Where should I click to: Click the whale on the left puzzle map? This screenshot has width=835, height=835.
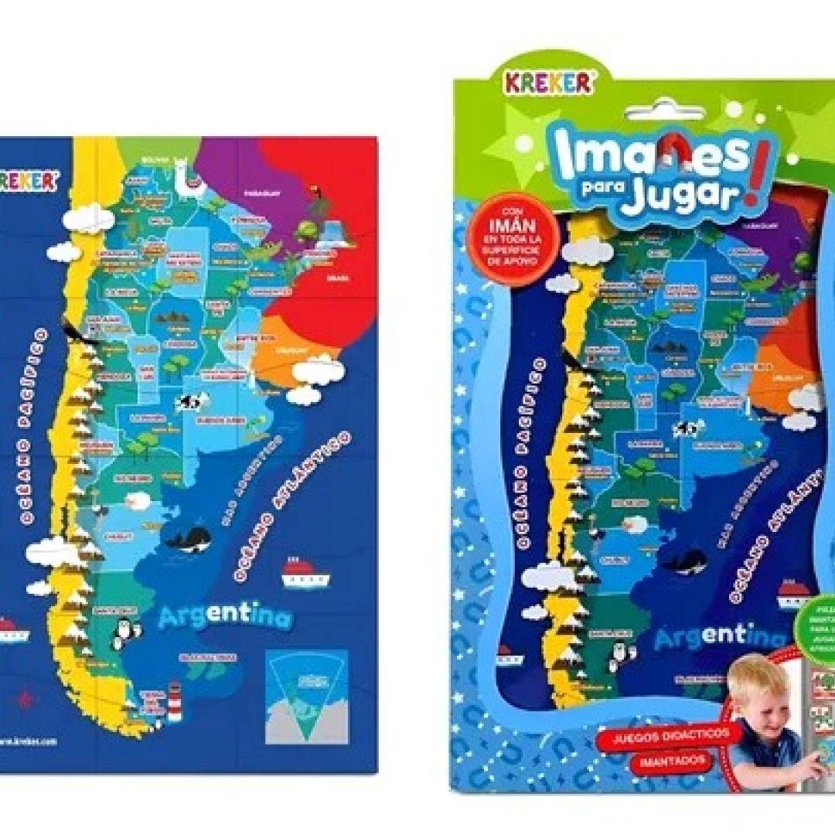pos(191,539)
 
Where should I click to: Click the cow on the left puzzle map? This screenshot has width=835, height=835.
pos(191,402)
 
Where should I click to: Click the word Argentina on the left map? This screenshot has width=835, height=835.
pos(226,617)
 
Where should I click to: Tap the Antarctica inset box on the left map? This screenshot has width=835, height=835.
pos(306,696)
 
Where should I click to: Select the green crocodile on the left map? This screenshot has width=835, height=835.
pos(267,250)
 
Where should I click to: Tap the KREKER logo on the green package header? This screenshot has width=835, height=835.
pos(550,82)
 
